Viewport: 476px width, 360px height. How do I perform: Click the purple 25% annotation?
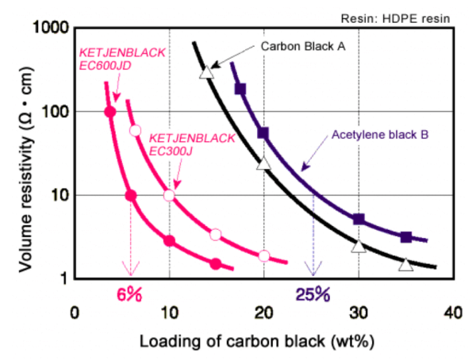313,294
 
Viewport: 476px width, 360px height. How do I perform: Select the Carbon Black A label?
303,46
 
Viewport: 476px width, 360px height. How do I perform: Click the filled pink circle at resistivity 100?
110,112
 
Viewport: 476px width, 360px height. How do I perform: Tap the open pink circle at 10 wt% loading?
169,195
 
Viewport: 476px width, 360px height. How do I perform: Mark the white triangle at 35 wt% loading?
405,265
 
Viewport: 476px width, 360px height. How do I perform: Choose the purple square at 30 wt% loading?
359,219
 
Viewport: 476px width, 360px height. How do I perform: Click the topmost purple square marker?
240,89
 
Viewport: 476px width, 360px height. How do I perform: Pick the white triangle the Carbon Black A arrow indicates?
206,72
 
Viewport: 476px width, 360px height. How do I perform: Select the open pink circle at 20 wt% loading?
264,255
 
